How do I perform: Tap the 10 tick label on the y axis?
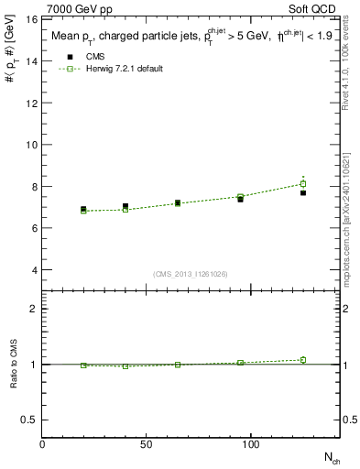coord(31,145)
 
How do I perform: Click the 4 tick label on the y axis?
coord(34,270)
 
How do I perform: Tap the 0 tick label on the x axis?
coord(43,445)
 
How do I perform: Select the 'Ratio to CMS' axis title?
coord(13,364)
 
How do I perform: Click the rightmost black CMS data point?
coord(303,192)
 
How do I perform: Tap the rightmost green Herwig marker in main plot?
coord(303,184)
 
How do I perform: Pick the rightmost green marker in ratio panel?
coord(303,360)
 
